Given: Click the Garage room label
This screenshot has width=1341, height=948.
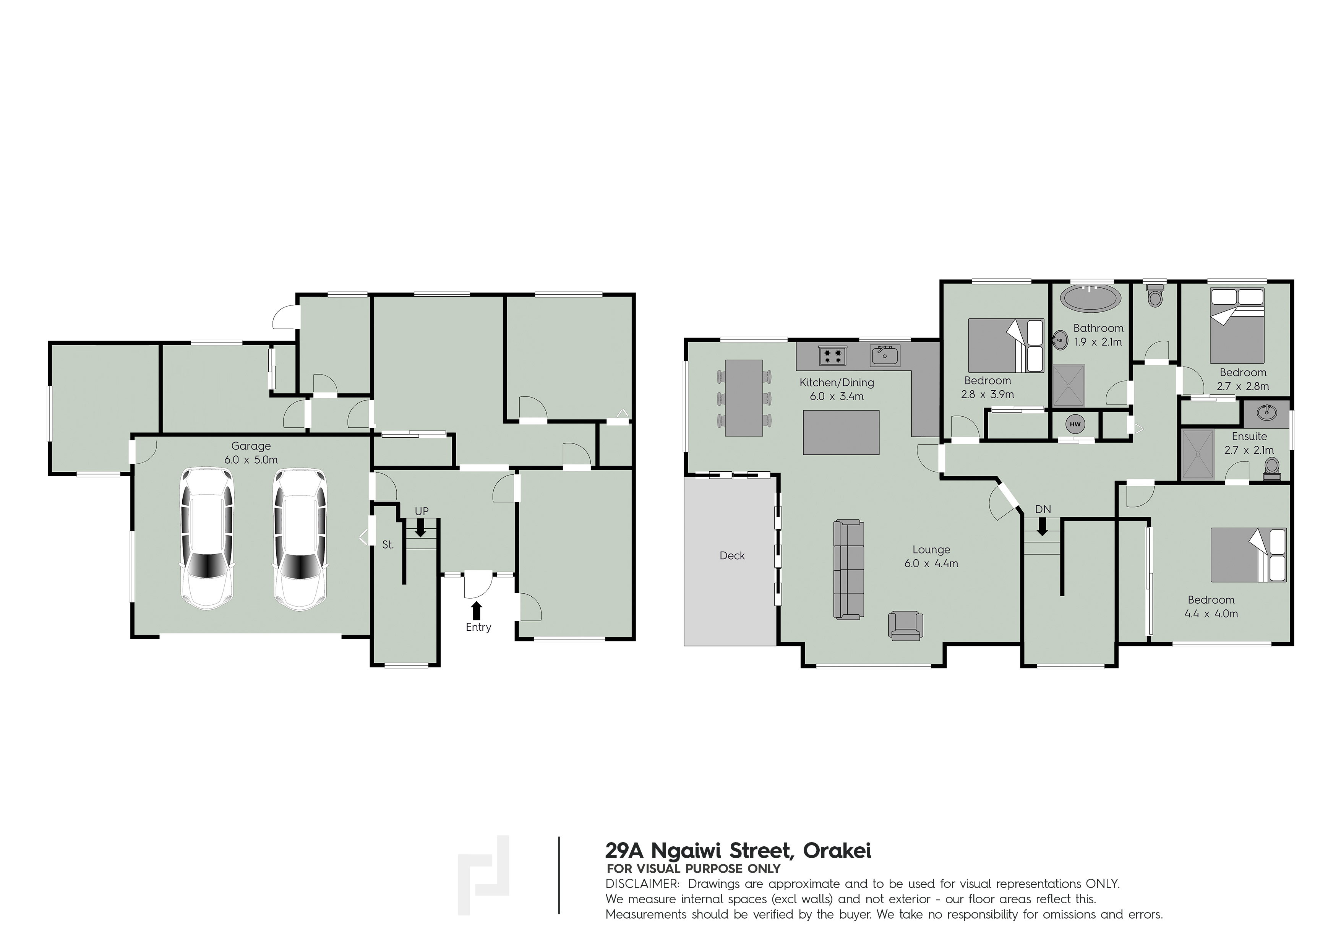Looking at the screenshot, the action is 251,446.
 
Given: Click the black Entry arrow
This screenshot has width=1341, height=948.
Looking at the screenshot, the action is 477,610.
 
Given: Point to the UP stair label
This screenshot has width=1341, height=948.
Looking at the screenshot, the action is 422,511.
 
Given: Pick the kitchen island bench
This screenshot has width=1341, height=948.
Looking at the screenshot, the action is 841,432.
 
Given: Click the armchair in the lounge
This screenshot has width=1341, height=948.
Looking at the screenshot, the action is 905,626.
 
